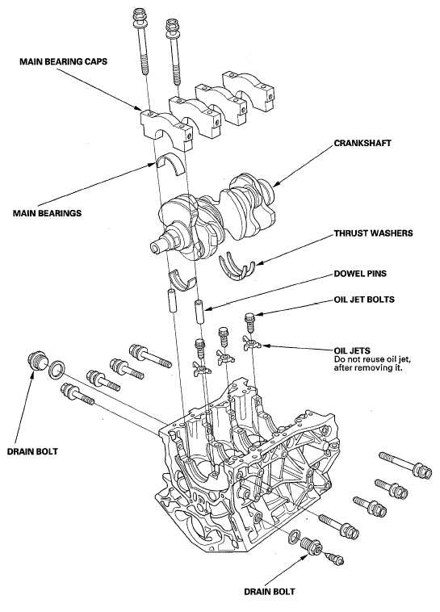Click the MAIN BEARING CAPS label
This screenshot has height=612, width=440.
pos(64,60)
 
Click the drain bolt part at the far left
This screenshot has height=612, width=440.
pos(36,361)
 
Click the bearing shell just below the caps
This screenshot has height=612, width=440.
pos(173,165)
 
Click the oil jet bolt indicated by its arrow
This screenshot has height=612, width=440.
pos(250,321)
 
